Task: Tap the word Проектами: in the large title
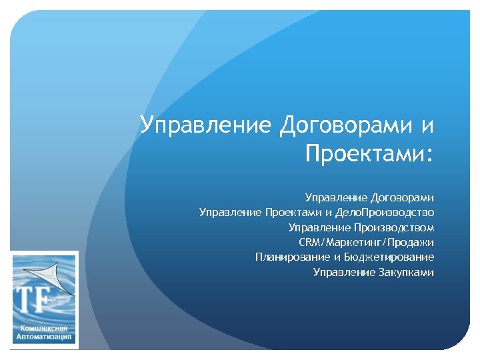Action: pyautogui.click(x=369, y=154)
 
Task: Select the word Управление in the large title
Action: pyautogui.click(x=206, y=125)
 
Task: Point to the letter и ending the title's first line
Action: pyautogui.click(x=427, y=125)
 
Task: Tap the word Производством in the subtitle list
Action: pyautogui.click(x=399, y=227)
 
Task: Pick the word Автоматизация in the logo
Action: pyautogui.click(x=44, y=339)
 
